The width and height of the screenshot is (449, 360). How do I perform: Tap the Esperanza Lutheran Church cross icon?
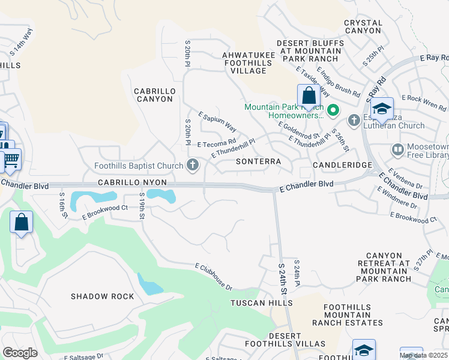[354, 120]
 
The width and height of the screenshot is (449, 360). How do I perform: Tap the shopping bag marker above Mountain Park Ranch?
[309, 96]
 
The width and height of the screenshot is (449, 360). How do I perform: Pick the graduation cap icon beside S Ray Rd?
[381, 109]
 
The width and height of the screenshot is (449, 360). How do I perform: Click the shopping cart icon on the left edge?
[11, 160]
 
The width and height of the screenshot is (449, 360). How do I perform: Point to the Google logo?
[20, 353]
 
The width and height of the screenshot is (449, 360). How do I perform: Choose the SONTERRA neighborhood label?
[258, 162]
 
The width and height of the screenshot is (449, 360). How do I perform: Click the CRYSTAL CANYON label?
[363, 26]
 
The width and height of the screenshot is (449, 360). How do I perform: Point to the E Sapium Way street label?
[217, 122]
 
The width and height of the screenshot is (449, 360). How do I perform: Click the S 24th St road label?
[283, 277]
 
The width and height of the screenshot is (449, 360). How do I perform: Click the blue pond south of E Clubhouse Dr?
[149, 283]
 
